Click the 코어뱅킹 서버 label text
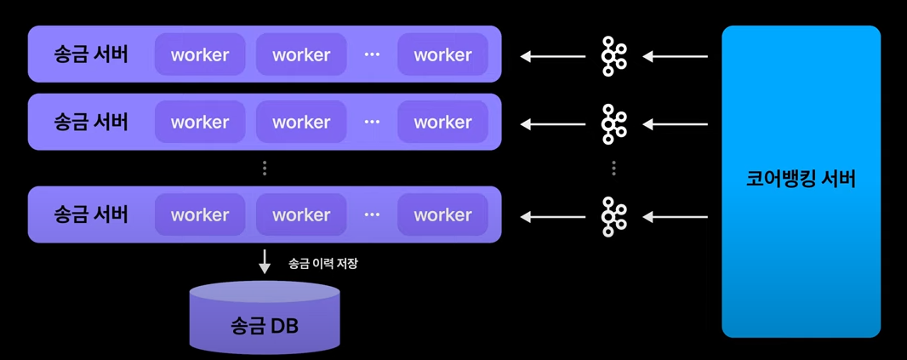coord(801,179)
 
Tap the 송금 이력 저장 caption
coord(323,264)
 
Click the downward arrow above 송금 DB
coord(265,261)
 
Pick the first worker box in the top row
coord(200,54)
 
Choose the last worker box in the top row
coord(442,54)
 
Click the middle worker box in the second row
coord(301,122)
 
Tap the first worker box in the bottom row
coord(200,214)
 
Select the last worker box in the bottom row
coord(442,214)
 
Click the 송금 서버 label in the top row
coord(91,54)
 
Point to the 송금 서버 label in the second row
coord(91,122)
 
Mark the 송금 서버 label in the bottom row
coord(91,214)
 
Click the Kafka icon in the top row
coord(613,56)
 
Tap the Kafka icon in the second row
coord(613,124)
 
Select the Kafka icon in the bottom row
coord(613,216)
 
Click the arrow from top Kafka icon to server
coord(553,57)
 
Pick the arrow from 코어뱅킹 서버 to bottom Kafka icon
coord(675,217)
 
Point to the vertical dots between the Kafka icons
coord(613,169)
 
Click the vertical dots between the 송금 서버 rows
coord(265,169)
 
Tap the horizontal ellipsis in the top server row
coord(372,54)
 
